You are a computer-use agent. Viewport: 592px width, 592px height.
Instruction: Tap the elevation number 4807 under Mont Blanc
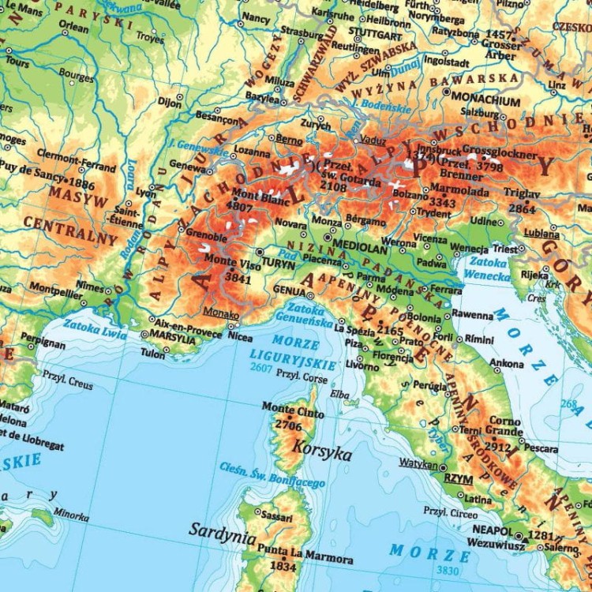click(239, 205)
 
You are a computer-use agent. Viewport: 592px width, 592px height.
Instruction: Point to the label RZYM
click(454, 478)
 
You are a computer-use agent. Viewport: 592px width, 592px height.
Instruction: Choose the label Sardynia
click(222, 530)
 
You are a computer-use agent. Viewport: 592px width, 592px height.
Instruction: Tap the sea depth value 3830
click(447, 570)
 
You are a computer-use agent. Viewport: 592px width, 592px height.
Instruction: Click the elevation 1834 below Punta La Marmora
click(283, 566)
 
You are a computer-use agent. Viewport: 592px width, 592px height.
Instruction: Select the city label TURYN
click(278, 262)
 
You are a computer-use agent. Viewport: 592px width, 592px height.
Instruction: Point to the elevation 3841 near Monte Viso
click(238, 277)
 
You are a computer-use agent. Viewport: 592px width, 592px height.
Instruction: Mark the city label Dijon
click(169, 101)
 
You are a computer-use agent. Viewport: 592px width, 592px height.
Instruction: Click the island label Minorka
click(71, 515)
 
